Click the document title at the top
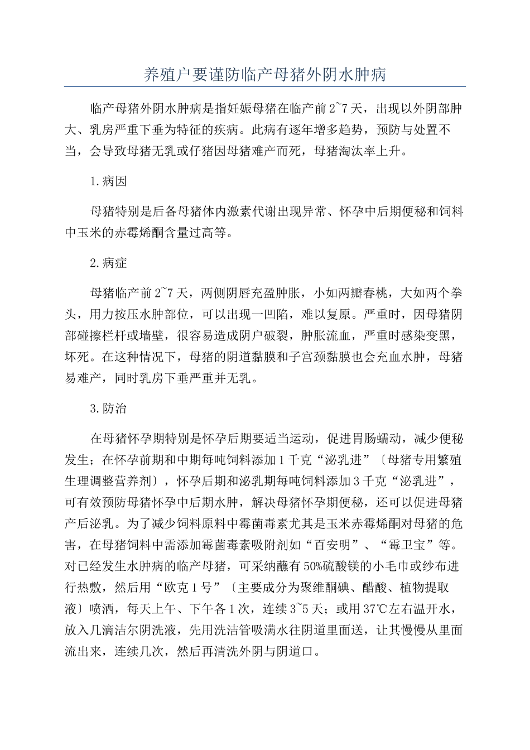[x=265, y=74]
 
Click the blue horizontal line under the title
[x=265, y=86]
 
